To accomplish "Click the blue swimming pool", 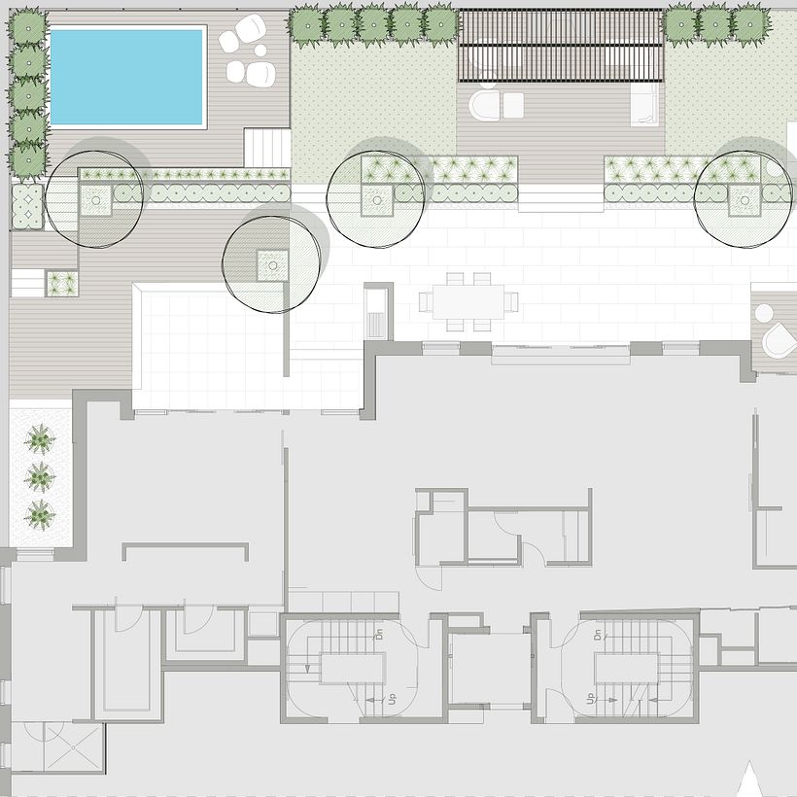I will pos(127,76).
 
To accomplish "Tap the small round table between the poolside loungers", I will pos(236,71).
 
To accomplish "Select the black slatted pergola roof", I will pos(561,46).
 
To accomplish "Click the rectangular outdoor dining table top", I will pos(468,300).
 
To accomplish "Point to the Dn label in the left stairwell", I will pos(378,636).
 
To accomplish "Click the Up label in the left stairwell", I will pos(392,699).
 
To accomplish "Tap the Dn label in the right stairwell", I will pos(600,637).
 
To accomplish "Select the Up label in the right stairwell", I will pos(589,699).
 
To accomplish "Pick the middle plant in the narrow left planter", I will pos(39,477).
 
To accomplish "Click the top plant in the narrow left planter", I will pos(39,440).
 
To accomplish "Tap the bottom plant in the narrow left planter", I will pos(39,513).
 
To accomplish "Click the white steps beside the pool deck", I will pos(266,148).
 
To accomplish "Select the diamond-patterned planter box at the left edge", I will pos(27,206).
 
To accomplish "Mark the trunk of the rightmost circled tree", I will pos(744,201).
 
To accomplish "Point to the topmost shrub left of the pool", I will pos(28,29).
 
